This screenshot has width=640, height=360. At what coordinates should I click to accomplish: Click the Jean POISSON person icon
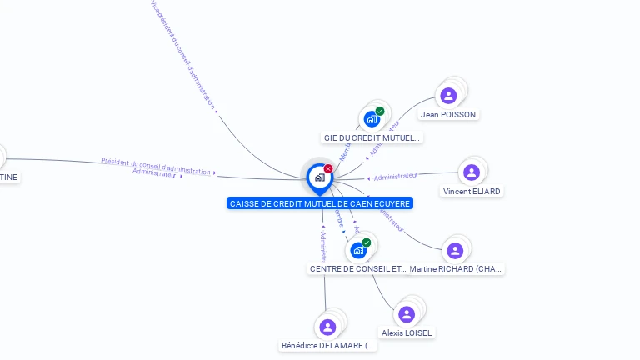click(448, 96)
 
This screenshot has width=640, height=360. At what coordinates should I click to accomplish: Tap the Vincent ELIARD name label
click(472, 191)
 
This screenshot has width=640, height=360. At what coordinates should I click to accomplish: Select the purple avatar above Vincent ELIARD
click(472, 172)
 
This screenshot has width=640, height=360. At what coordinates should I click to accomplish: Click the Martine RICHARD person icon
click(455, 250)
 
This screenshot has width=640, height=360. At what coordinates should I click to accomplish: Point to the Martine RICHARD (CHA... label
click(456, 269)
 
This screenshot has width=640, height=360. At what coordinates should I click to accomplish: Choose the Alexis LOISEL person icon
click(407, 314)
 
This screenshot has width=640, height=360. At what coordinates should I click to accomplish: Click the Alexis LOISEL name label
click(407, 332)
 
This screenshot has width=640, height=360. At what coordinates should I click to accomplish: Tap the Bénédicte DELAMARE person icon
click(327, 327)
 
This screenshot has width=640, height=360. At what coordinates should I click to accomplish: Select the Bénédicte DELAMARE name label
click(328, 346)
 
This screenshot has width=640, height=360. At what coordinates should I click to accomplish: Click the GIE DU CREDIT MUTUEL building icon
click(372, 119)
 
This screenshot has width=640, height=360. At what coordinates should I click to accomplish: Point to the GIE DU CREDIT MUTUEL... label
click(372, 137)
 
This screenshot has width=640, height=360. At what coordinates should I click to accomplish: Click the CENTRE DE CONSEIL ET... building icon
click(358, 250)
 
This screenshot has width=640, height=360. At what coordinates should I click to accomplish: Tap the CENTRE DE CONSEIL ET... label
click(358, 269)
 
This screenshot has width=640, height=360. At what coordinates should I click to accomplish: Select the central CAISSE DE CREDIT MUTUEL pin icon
click(319, 177)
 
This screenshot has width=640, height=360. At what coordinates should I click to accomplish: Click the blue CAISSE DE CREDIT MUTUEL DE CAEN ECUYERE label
click(320, 203)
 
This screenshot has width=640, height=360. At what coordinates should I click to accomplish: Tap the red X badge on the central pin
click(328, 168)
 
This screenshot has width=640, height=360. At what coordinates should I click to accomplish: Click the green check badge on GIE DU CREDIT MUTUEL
click(380, 111)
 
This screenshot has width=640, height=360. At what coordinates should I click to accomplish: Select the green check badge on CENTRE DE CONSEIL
click(367, 242)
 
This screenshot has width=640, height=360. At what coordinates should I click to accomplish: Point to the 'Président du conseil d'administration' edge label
click(156, 165)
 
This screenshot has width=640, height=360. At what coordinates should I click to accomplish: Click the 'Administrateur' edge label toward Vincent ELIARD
click(395, 177)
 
